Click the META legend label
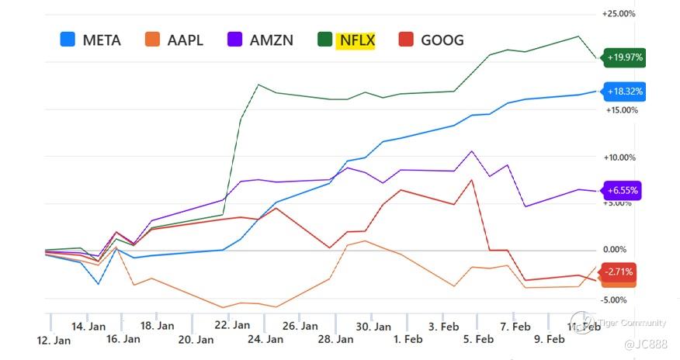[102, 40]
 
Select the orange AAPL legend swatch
[152, 39]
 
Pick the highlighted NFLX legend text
[356, 40]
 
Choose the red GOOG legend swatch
[405, 39]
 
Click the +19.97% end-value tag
[625, 57]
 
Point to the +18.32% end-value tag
[625, 92]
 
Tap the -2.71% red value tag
[620, 272]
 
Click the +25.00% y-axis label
[619, 14]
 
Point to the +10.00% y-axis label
[619, 157]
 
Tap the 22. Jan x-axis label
[232, 326]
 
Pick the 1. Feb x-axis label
[408, 339]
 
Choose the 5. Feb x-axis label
[478, 339]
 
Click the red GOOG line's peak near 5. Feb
[472, 180]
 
